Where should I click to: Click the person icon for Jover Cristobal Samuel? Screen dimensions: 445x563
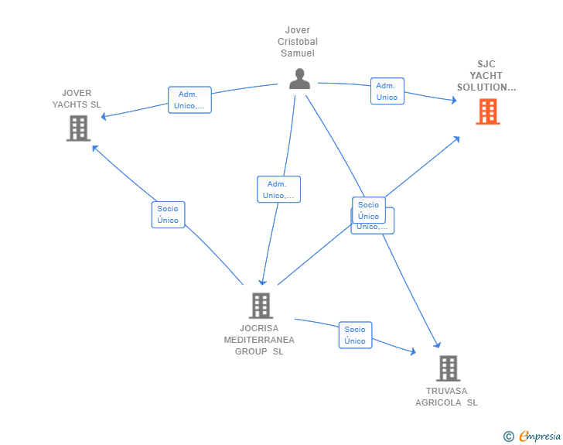point(299,79)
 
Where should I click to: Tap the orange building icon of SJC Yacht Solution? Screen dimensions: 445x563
point(487,111)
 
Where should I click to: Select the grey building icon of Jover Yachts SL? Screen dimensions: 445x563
point(78,128)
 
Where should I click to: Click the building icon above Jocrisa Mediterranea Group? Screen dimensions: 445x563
point(261,306)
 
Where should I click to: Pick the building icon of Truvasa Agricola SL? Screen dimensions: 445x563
point(448,368)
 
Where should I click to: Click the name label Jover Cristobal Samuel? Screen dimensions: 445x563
point(298,42)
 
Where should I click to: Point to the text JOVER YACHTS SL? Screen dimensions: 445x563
point(77,99)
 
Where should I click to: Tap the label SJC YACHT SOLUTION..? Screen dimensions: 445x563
point(486,76)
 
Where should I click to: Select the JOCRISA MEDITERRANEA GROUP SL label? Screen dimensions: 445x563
point(259,340)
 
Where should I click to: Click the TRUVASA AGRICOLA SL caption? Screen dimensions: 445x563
point(446,396)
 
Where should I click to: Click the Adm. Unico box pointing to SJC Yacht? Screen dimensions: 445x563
point(387,91)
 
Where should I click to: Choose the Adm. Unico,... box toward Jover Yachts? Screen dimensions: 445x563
point(189,100)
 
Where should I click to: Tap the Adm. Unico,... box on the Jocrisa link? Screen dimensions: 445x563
point(278,190)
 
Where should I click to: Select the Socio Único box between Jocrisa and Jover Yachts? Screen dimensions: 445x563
point(168,214)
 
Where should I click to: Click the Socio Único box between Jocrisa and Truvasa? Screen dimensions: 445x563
point(355,335)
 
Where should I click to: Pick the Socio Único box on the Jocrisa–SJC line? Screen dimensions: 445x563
point(369,210)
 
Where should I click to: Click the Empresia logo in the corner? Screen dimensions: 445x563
point(540,436)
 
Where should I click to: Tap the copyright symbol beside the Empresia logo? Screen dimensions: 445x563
point(508,436)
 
